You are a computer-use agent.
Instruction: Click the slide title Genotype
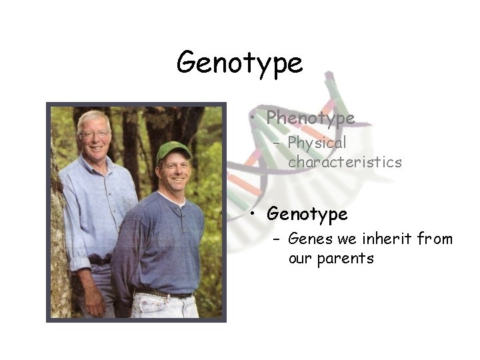[239, 63]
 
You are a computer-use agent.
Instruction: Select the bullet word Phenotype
[310, 119]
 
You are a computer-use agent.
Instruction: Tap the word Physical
[317, 143]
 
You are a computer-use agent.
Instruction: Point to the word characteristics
[345, 162]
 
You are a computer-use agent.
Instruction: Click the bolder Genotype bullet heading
[307, 214]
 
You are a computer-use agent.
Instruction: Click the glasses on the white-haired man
[94, 134]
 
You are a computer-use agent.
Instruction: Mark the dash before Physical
[277, 143]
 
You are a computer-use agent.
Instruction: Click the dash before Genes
[277, 239]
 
